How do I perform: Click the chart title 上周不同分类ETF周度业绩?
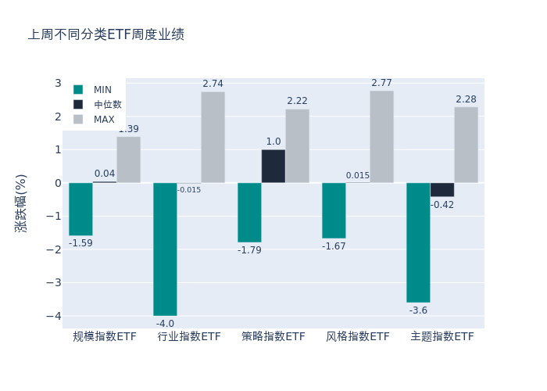106,34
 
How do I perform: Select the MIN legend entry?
102,89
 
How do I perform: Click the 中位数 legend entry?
107,104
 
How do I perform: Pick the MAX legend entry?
104,119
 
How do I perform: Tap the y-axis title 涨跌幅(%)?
21,203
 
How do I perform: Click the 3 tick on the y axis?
58,84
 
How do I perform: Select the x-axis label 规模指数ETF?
105,336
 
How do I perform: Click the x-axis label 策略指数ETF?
273,336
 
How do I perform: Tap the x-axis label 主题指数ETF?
442,336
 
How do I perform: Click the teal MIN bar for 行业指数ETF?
165,249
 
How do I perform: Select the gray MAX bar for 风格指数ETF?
381,137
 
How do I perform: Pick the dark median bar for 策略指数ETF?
273,166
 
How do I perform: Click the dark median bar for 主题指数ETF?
442,189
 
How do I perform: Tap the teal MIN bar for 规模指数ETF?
80,209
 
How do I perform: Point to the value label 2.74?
213,84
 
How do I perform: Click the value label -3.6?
418,310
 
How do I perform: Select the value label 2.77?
381,83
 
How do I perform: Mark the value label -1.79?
249,250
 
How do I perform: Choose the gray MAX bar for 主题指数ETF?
466,145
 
